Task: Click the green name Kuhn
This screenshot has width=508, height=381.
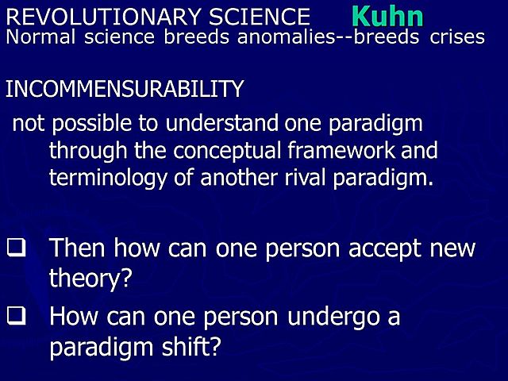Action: (387, 16)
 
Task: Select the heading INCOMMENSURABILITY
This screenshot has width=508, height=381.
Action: (124, 89)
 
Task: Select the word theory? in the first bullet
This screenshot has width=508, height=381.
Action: (89, 279)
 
